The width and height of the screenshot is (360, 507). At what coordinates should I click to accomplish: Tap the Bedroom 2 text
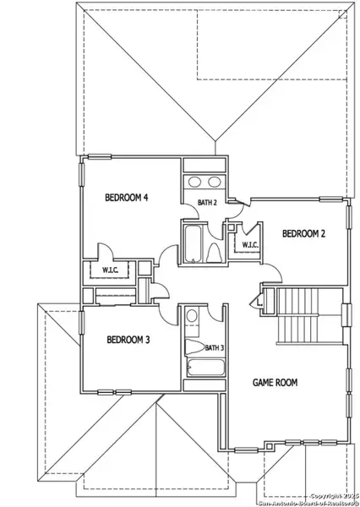click(x=303, y=233)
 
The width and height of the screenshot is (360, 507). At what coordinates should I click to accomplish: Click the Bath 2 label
click(x=208, y=203)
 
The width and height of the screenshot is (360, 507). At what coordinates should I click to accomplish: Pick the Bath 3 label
click(x=215, y=347)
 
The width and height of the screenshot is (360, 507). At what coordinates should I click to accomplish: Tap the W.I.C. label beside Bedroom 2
click(x=250, y=245)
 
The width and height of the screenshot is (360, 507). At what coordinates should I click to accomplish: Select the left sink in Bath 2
click(x=194, y=182)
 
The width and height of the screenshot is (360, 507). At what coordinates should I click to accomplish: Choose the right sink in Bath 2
click(x=215, y=182)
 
